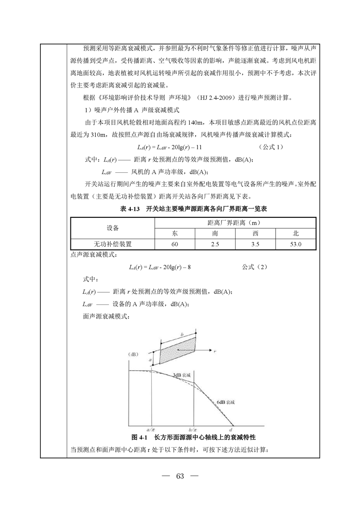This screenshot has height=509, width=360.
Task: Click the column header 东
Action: (x=175, y=234)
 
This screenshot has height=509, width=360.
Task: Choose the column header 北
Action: (x=296, y=234)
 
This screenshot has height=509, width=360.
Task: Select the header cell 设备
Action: (x=113, y=228)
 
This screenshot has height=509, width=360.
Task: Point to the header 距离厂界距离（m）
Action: (x=235, y=223)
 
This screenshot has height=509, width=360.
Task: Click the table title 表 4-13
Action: (x=129, y=209)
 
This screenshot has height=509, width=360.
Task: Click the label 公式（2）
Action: (x=254, y=267)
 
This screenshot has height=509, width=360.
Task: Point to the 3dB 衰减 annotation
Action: (x=181, y=375)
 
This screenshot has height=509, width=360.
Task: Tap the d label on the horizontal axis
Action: (x=231, y=429)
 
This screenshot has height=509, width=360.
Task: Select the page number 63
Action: (x=180, y=476)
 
